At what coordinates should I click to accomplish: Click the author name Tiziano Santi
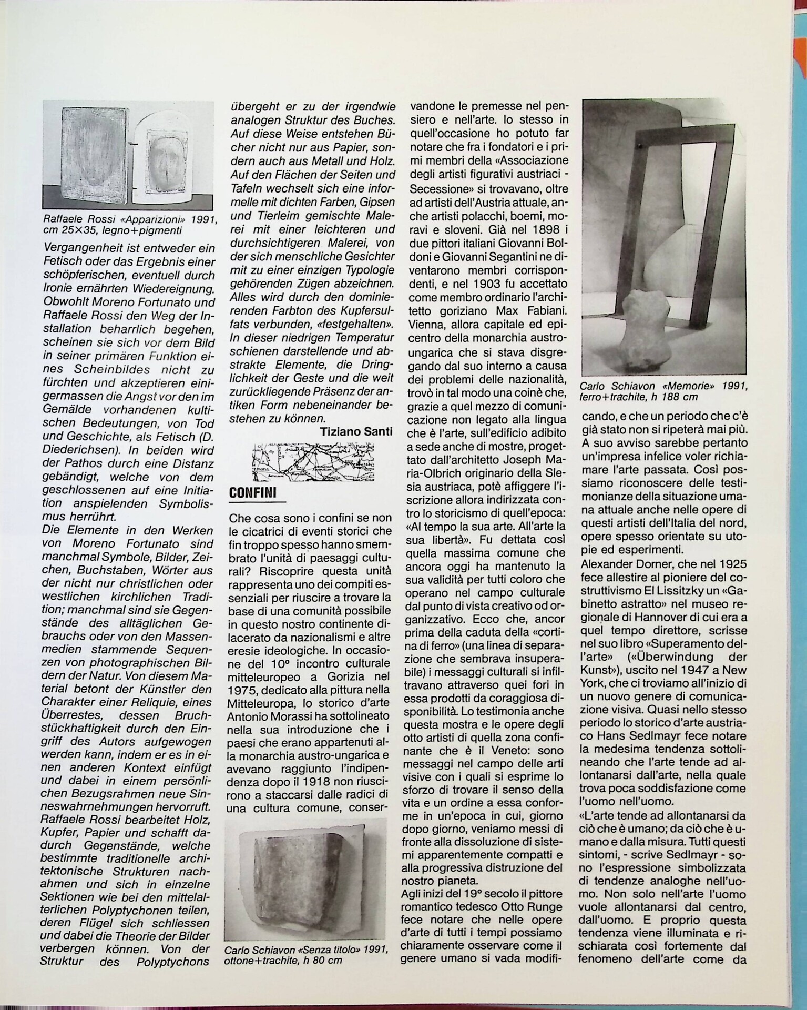(x=356, y=432)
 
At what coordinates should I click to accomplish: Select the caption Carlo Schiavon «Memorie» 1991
(x=663, y=392)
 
